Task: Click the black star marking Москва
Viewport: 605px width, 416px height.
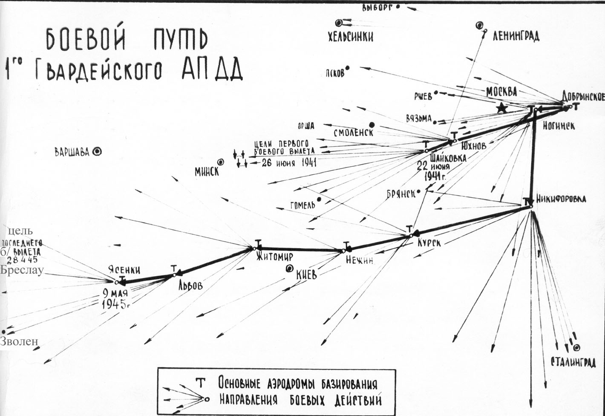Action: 503,108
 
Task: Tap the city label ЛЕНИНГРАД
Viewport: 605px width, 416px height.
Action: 516,36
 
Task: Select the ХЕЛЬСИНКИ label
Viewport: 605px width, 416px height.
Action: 350,37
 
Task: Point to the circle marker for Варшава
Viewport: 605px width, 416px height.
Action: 97,151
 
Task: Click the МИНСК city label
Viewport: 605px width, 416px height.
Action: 207,171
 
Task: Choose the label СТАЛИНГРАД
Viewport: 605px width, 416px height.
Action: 573,362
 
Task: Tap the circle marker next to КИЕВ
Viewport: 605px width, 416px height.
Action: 290,269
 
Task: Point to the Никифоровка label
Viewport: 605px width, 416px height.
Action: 561,199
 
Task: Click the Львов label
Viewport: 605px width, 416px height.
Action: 190,285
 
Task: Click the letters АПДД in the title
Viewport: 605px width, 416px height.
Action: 212,69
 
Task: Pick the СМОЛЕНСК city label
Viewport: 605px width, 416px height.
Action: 354,133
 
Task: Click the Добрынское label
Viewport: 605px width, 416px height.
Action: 582,97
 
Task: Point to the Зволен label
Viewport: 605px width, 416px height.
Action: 19,341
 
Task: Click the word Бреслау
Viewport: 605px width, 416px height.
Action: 22,270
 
